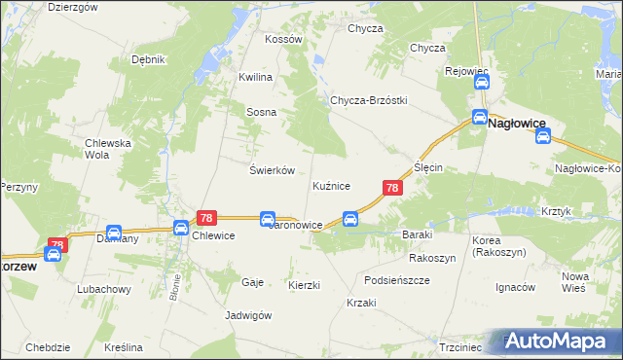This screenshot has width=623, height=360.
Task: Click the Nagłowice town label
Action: click(517, 124)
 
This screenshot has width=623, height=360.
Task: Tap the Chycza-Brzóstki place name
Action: click(368, 100)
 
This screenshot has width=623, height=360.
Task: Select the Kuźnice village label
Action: click(331, 185)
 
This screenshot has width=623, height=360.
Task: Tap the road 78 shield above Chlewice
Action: click(205, 219)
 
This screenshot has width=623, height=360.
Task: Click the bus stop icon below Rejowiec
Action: click(481, 84)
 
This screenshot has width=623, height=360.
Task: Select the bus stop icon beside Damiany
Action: click(113, 234)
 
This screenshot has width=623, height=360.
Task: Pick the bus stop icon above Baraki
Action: click(351, 218)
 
